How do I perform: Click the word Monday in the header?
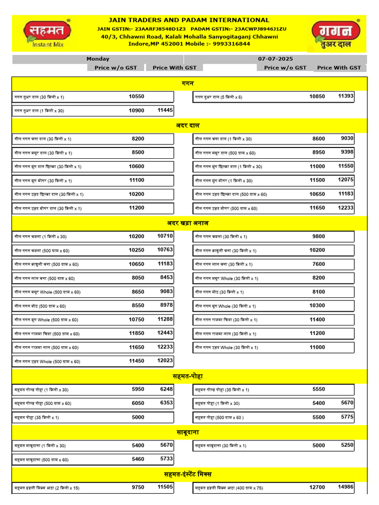point(98,59)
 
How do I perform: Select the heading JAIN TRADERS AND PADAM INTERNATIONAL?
point(189,20)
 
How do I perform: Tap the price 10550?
point(136,97)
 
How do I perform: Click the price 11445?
point(165,110)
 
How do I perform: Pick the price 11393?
point(346,96)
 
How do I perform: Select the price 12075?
point(346,180)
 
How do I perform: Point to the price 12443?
point(165,333)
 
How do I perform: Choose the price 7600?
point(319,264)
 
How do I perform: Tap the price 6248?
point(167,389)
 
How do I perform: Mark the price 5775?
point(347,417)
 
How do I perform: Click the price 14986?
point(346,487)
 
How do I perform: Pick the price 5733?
point(167,459)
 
